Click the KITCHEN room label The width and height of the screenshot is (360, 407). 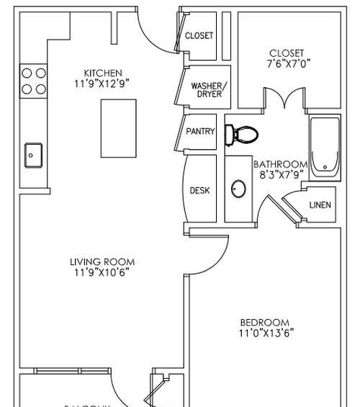(103, 73)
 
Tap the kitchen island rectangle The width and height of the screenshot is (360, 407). (119, 128)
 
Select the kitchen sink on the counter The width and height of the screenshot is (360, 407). (33, 153)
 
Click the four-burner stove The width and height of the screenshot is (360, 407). (33, 81)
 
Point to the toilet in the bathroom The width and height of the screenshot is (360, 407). (240, 134)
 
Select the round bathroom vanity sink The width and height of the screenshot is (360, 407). (239, 189)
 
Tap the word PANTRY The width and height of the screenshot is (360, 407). (200, 132)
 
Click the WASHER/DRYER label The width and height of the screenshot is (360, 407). (208, 90)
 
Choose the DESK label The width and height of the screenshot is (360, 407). (199, 191)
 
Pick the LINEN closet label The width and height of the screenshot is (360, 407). (320, 205)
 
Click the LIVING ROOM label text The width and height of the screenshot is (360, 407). (103, 262)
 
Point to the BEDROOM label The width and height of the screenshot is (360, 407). (265, 322)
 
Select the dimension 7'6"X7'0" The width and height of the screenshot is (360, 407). (287, 63)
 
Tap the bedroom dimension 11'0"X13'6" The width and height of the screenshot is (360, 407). (266, 333)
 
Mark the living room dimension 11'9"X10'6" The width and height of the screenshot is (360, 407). (103, 272)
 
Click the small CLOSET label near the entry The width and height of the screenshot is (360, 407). (199, 35)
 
